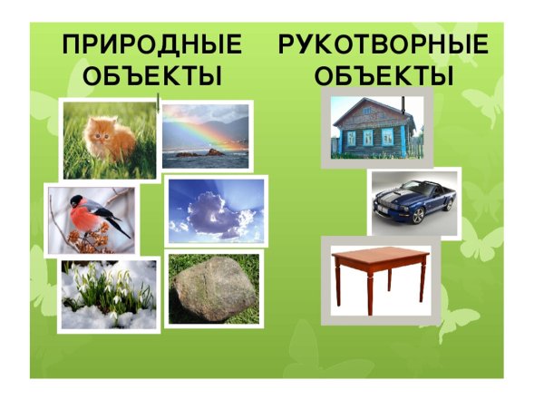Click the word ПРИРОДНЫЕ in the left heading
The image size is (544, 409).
(x=151, y=45)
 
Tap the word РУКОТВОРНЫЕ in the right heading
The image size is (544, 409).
(x=383, y=45)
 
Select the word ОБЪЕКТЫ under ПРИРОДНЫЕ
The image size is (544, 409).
(x=151, y=76)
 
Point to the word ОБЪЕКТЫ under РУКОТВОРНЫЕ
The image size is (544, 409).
(x=383, y=76)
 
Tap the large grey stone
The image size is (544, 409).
(x=216, y=289)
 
